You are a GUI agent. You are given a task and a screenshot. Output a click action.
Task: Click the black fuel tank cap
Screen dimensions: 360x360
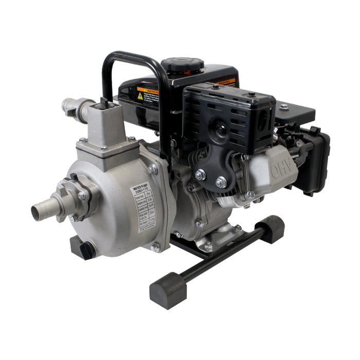(182, 67)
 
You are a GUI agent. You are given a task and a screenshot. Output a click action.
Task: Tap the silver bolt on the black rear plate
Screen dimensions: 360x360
(284, 106)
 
